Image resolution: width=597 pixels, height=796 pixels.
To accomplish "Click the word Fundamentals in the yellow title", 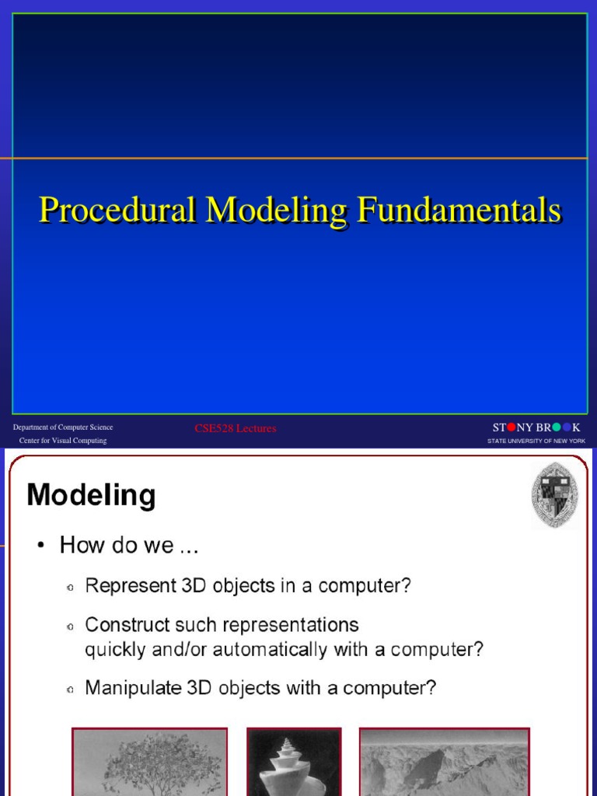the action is click(x=459, y=209).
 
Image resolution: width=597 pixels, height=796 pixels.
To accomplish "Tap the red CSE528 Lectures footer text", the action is click(x=236, y=428).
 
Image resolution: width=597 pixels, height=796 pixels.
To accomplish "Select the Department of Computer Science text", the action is click(x=63, y=428).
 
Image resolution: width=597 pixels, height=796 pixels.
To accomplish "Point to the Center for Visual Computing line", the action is click(x=63, y=441).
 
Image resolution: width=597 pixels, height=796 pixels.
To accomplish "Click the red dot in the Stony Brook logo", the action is click(x=511, y=428).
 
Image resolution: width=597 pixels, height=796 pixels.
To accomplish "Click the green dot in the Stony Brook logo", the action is click(x=557, y=428).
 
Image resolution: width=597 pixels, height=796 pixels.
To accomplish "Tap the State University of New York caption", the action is click(x=536, y=442).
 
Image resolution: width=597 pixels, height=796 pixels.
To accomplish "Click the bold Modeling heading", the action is click(x=92, y=495).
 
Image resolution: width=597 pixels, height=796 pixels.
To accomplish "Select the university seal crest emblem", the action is click(x=555, y=495).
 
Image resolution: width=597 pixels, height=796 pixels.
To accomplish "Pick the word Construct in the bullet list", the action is click(x=127, y=624).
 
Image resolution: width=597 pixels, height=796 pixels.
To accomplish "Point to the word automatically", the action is click(x=270, y=650).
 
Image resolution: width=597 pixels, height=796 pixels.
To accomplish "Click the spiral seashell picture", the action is click(x=294, y=762).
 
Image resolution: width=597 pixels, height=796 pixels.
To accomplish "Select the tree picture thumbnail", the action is click(x=150, y=762).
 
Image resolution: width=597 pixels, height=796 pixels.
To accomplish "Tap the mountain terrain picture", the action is click(x=445, y=762).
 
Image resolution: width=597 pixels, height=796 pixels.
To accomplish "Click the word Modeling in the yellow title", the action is click(x=277, y=210).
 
